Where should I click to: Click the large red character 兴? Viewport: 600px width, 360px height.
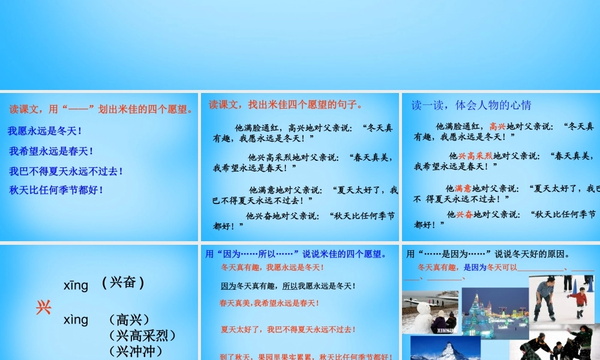coord(43,308)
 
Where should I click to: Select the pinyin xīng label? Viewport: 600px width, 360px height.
coord(76,285)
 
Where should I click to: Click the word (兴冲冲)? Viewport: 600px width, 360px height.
coord(135,351)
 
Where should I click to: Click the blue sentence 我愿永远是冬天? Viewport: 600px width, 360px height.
coord(45,131)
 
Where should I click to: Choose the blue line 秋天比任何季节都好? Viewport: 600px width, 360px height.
coord(56,190)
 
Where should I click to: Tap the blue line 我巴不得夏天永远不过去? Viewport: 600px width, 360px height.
coord(66,171)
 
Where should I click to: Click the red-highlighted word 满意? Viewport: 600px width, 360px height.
coord(463,188)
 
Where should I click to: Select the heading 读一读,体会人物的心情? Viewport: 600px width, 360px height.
coord(471,105)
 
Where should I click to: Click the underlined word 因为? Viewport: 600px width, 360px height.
coord(228,286)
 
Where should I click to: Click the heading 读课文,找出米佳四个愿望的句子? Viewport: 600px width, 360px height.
coord(286,105)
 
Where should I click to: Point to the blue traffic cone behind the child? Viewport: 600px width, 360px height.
coord(590,284)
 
